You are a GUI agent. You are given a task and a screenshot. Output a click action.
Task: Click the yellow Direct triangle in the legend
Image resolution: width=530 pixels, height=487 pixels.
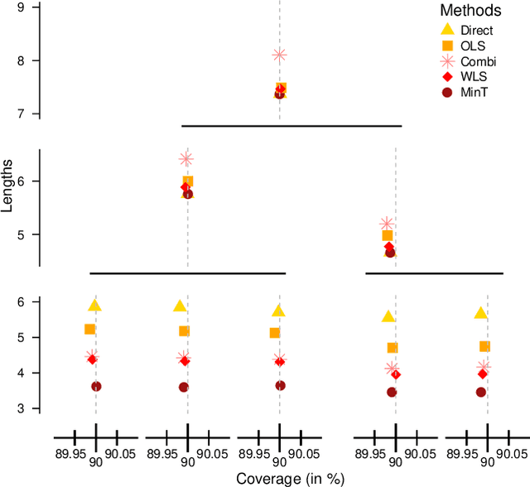(x=447, y=31)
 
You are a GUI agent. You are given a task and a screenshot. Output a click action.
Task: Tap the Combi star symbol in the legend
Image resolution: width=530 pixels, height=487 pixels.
(x=447, y=61)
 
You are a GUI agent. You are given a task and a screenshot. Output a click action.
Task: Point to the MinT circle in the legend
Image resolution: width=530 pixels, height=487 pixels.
(x=447, y=92)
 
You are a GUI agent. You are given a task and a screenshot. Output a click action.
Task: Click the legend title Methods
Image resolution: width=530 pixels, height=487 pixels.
(x=470, y=11)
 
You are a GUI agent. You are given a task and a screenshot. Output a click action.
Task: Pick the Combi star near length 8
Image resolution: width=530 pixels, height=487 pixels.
(x=279, y=55)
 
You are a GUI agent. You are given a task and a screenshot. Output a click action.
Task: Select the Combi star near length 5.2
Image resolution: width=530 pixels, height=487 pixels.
(x=386, y=224)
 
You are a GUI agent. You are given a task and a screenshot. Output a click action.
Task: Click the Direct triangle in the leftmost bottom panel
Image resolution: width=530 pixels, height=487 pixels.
(x=95, y=306)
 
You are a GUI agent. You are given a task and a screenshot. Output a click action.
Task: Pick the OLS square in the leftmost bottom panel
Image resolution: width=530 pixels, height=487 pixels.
(x=89, y=329)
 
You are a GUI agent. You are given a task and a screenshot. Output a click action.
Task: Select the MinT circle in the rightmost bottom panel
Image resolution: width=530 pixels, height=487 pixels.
(x=480, y=392)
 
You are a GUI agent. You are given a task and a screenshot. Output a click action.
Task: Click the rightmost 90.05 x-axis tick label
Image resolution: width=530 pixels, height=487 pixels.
(x=511, y=454)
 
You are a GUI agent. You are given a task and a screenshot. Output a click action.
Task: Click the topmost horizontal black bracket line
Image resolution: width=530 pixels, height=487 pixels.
(x=291, y=126)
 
